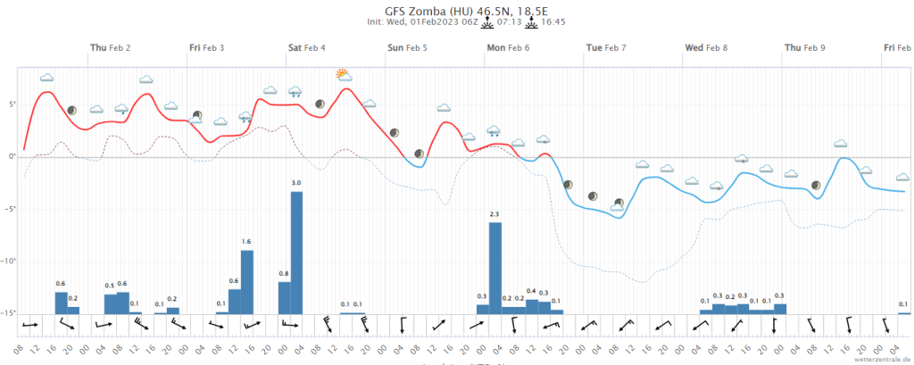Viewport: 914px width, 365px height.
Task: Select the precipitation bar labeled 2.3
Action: [495, 268]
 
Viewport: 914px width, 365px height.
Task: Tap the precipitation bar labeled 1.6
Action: [247, 281]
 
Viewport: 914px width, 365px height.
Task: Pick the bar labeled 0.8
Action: [285, 297]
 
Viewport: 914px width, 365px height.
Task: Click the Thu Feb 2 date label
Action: [111, 47]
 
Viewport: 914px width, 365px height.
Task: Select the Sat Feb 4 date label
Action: [306, 47]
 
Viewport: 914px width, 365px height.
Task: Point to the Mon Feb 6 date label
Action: [508, 47]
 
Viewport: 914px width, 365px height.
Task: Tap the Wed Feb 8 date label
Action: [706, 47]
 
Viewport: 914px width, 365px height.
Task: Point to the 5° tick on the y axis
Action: [12, 104]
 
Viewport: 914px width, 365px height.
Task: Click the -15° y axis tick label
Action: [9, 313]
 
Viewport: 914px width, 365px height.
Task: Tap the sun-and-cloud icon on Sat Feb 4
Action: [343, 74]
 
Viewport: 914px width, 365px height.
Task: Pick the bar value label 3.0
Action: [297, 183]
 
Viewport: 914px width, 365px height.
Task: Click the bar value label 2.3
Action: [494, 214]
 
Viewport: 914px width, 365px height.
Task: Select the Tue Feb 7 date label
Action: [606, 47]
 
